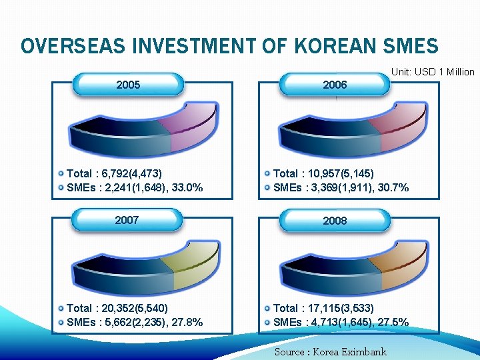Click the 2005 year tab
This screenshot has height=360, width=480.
pos(128,85)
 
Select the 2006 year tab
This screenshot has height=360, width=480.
pos(335,85)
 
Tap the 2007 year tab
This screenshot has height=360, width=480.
pos(128,219)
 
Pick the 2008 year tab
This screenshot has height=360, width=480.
pos(335,220)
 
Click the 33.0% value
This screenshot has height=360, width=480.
pos(187,188)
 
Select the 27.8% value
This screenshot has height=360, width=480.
pos(187,323)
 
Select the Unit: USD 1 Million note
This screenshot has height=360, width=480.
pos(433,72)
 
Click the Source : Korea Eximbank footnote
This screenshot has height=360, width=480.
pos(330,351)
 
